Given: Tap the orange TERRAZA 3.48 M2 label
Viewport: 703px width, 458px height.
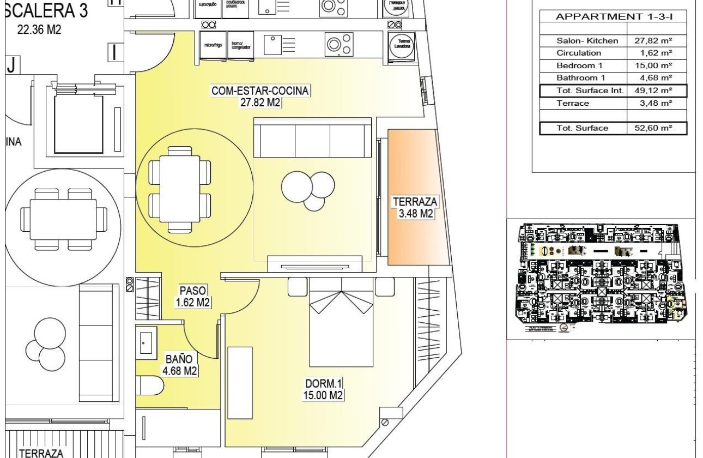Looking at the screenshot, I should [x=415, y=208].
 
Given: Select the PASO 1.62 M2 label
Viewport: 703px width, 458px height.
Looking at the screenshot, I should [x=193, y=297].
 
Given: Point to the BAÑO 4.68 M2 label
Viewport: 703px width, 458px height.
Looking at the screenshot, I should [x=179, y=365].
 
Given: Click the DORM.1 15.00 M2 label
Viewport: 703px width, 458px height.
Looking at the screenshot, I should [x=324, y=389].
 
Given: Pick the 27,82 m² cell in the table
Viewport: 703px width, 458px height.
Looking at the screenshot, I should [x=653, y=40].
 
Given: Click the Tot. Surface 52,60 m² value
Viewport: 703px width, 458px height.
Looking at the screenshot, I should [x=653, y=128].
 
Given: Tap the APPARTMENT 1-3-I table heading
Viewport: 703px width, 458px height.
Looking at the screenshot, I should [x=613, y=16].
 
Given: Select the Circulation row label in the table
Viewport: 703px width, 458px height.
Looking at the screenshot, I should [x=579, y=53].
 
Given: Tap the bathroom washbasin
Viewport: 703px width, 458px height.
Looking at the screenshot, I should [x=146, y=341].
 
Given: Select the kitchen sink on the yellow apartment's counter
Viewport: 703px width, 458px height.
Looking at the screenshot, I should [x=272, y=45].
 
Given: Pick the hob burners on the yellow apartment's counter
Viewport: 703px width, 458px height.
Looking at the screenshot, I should [x=337, y=45].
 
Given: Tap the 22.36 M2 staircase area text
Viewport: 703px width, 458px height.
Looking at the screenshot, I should [x=39, y=29].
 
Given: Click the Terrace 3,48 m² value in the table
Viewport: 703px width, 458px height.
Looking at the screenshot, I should [x=653, y=103].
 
